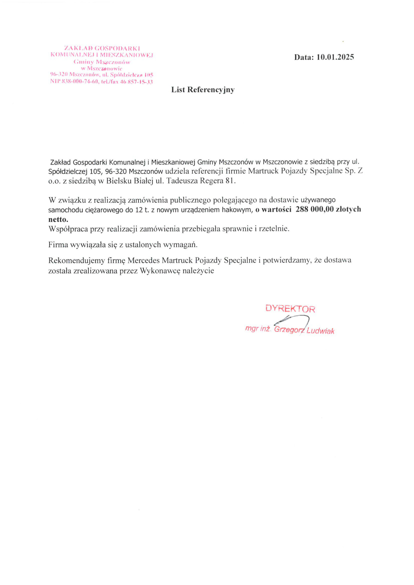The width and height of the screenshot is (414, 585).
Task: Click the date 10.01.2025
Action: (x=335, y=57)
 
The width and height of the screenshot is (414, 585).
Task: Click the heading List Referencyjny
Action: (x=203, y=90)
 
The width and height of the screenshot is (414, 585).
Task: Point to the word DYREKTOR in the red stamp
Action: (x=290, y=309)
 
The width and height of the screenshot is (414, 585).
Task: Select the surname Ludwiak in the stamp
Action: (x=320, y=331)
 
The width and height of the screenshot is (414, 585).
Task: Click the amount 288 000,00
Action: (x=315, y=209)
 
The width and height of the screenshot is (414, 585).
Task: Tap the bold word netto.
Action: (x=58, y=219)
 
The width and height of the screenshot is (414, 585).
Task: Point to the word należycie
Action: (x=198, y=271)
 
